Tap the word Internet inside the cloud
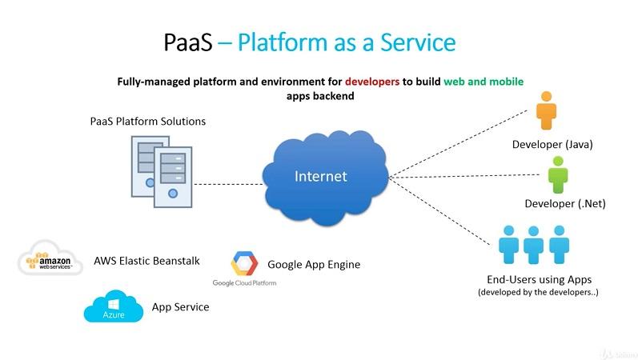click(x=321, y=176)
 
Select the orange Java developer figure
click(x=548, y=110)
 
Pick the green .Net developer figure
click(x=558, y=174)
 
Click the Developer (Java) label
click(x=552, y=145)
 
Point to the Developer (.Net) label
click(x=564, y=203)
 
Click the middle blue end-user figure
click(x=534, y=244)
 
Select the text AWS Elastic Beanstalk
click(x=146, y=261)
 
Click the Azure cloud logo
click(x=113, y=307)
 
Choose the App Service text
click(x=180, y=306)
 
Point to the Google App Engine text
click(x=314, y=264)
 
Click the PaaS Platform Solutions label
click(x=148, y=122)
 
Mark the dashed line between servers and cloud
click(x=227, y=184)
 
